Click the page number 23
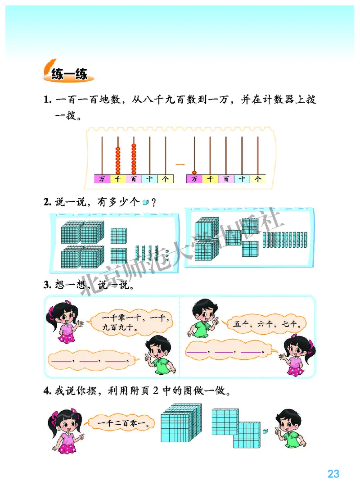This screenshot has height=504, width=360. coord(333,474)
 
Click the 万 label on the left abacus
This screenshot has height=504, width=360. coord(102,179)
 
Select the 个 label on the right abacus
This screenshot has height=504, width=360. coord(258,179)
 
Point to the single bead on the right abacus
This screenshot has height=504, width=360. coord(194,172)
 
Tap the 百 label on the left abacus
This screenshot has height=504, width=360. coord(134,179)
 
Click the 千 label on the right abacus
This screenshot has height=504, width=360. coord(210,179)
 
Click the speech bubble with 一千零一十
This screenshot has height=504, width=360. coord(129,323)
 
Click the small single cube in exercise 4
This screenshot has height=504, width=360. coord(266,432)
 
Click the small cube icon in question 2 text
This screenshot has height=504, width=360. coord(145,203)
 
